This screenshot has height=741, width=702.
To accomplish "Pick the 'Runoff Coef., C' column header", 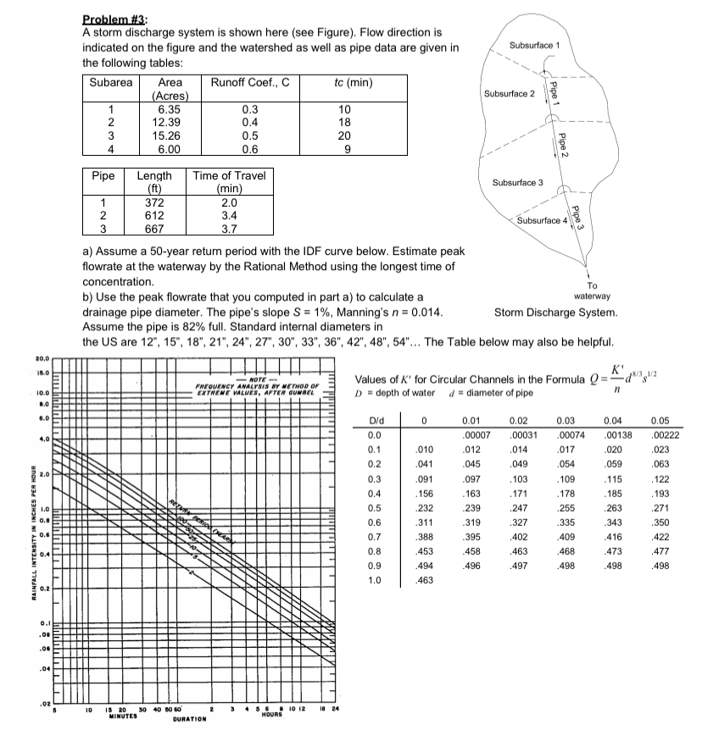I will point(249,83).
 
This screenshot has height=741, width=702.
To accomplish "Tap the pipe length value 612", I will point(153,216).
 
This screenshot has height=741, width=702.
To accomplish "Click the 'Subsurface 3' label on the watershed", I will point(517,183).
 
